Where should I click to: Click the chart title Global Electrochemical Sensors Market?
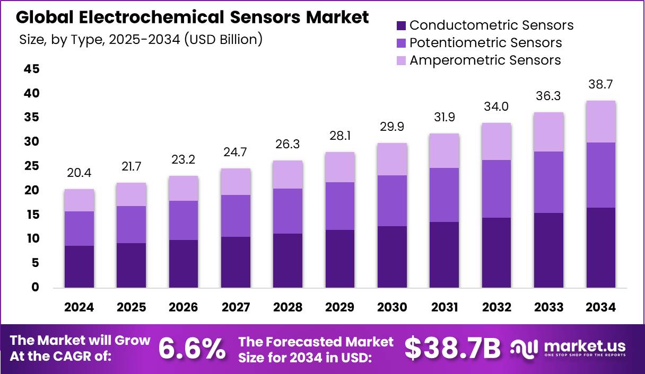(192, 17)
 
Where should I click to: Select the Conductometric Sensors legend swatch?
(401, 25)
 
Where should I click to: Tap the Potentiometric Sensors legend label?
(485, 42)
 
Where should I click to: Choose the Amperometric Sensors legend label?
(485, 60)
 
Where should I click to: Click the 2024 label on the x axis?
(79, 307)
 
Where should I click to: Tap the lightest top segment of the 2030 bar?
(392, 159)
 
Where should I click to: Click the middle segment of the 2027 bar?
(236, 216)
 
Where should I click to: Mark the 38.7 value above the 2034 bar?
(601, 84)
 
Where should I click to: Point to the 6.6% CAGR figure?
(191, 348)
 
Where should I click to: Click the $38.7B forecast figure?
(452, 348)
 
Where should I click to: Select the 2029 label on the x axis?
(340, 307)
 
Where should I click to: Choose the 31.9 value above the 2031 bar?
(444, 117)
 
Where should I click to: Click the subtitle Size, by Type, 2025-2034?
(141, 39)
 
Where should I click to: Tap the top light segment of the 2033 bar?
(548, 132)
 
